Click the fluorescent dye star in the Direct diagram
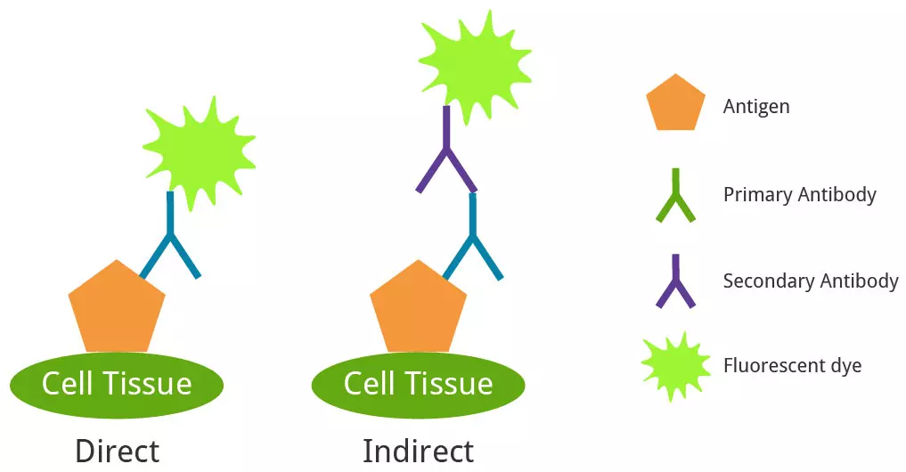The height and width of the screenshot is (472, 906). pyautogui.click(x=199, y=147)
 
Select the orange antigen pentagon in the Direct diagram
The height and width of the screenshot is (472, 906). pyautogui.click(x=117, y=308)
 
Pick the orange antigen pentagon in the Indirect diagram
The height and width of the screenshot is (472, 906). pyautogui.click(x=418, y=308)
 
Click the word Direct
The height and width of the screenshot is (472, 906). pyautogui.click(x=117, y=451)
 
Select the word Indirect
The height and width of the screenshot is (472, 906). pyautogui.click(x=418, y=451)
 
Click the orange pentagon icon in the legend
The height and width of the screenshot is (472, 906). pyautogui.click(x=675, y=104)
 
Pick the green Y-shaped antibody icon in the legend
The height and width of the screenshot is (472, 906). pyautogui.click(x=675, y=196)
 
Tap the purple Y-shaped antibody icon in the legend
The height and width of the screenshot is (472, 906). pyautogui.click(x=675, y=282)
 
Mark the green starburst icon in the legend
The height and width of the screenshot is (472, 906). pyautogui.click(x=676, y=366)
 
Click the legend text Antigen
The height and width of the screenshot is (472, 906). pyautogui.click(x=756, y=107)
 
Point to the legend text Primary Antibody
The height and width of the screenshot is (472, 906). pyautogui.click(x=799, y=194)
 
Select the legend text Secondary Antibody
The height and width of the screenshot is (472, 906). pyautogui.click(x=810, y=281)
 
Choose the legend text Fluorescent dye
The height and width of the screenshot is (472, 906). pyautogui.click(x=792, y=366)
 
